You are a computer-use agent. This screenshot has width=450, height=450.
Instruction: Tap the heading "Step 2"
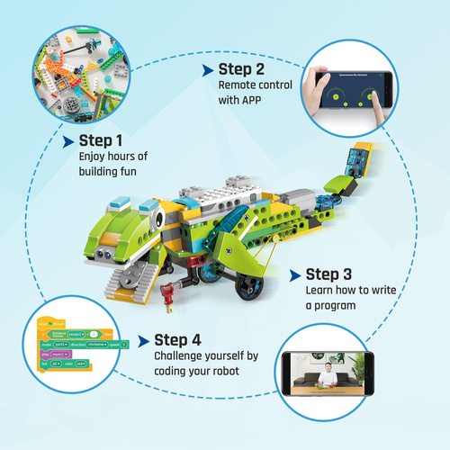click(x=241, y=69)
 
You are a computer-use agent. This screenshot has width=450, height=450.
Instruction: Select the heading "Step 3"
click(x=329, y=274)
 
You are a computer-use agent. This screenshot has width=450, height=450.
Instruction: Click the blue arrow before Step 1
click(x=68, y=141)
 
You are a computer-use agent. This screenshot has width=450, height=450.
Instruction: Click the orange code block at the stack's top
click(x=45, y=322)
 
